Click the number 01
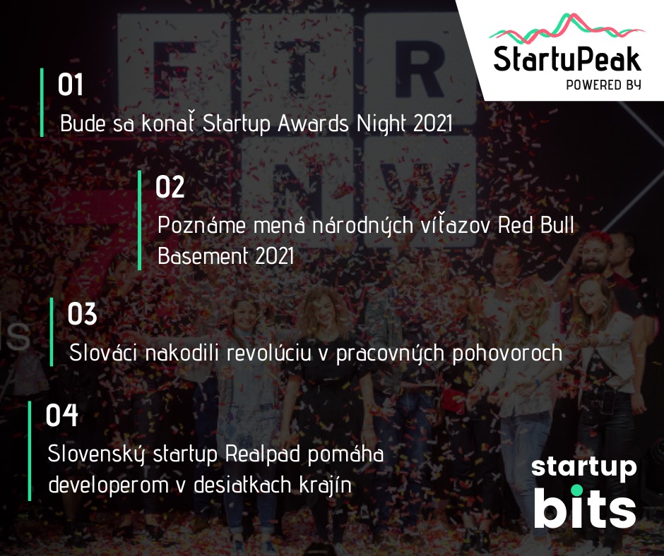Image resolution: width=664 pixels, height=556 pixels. point(71,84)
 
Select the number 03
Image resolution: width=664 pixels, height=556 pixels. point(82,313)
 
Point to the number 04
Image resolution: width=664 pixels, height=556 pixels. point(62,415)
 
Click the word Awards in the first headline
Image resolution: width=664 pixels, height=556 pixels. point(314,123)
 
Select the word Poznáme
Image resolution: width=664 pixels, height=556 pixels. point(201,224)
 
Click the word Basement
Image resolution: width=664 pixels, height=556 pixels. point(203,255)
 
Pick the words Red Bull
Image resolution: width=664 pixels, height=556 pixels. point(535,224)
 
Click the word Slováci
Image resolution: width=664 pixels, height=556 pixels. point(103,353)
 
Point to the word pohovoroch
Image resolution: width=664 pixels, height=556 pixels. point(507,353)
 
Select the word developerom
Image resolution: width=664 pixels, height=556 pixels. point(108,485)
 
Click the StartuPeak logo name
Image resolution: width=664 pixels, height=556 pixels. point(567,59)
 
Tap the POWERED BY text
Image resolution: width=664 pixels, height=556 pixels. point(603,85)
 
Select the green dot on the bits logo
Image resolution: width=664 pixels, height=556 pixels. point(576,490)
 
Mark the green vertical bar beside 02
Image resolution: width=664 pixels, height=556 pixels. point(140,220)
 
